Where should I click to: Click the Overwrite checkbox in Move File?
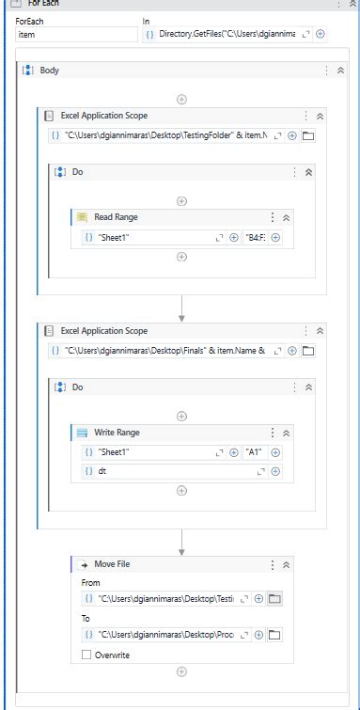(x=87, y=655)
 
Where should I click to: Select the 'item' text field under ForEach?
(x=75, y=35)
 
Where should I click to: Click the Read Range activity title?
(x=116, y=217)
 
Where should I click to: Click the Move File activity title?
(x=112, y=564)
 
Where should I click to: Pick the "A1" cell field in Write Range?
(x=255, y=452)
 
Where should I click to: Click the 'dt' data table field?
(x=169, y=471)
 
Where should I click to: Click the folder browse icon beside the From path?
(x=274, y=598)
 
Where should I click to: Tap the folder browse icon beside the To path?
(x=274, y=635)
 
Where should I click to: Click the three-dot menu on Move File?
(x=273, y=565)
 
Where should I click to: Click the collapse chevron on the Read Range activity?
(x=287, y=218)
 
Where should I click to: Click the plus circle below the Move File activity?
(x=181, y=671)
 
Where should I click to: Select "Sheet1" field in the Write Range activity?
(x=150, y=452)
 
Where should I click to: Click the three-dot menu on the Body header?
(x=327, y=71)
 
